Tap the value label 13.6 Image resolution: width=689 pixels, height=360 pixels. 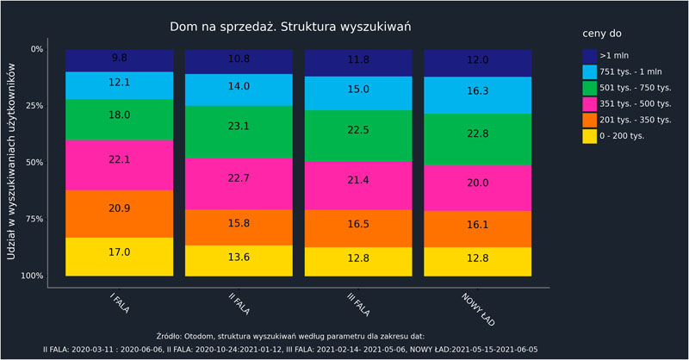[x=239, y=257]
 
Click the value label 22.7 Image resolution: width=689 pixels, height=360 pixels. [x=239, y=179]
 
